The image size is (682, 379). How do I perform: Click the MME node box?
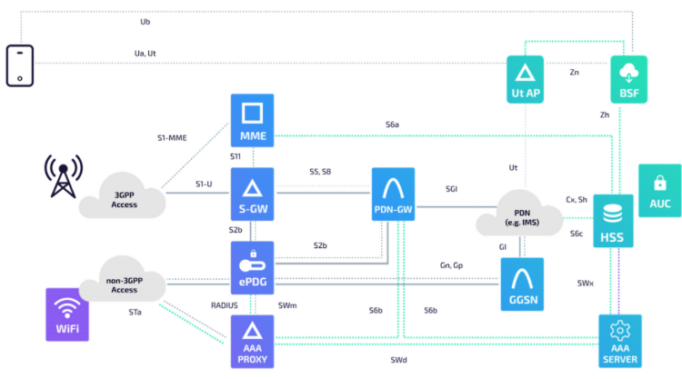252,120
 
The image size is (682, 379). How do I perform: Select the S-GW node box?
252,194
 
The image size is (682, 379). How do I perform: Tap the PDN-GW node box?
393,194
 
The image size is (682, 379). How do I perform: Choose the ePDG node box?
252,268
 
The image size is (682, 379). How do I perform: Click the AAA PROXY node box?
252,342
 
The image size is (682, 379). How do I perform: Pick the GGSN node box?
522,284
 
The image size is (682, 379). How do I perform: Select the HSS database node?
613,221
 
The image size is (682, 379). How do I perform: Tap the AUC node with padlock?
660,190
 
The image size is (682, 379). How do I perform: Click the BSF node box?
629,79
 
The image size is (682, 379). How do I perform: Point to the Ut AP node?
525,79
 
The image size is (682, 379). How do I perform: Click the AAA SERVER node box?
620,341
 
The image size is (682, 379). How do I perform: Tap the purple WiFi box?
67,314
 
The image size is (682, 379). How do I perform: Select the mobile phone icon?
20,65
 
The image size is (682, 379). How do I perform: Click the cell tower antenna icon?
63,176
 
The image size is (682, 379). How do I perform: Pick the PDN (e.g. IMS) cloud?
520,214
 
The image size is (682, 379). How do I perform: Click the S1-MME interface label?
172,138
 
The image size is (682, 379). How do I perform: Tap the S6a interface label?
392,125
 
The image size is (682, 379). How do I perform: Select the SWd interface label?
398,360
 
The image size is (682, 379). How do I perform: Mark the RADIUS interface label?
224,305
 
